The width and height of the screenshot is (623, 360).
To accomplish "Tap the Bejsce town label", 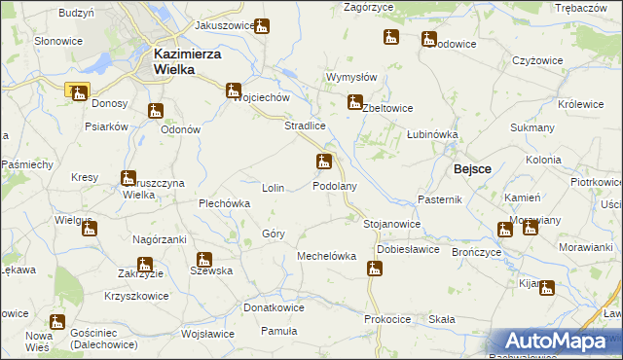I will tap(472, 168).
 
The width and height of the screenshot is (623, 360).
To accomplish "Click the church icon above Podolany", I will tap(324, 162).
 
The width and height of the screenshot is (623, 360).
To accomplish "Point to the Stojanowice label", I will tap(391, 224).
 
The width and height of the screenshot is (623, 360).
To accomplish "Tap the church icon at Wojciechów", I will tap(234, 91).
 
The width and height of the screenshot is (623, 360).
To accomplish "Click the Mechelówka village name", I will tap(326, 256).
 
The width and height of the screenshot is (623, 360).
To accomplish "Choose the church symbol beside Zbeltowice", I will tap(355, 101).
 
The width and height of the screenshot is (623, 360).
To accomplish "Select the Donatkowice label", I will tap(274, 307).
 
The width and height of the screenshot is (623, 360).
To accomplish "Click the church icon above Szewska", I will tap(203, 260).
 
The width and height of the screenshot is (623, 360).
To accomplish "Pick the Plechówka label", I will tap(225, 203).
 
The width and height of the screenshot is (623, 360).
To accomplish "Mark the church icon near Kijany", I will tap(547, 288).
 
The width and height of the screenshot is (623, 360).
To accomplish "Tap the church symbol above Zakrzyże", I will tap(145, 264).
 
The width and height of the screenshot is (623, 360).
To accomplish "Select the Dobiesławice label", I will tap(409, 248).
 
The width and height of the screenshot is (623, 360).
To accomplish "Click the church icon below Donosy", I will tap(154, 111).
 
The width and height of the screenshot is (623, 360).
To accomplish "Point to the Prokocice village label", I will tap(387, 319).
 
